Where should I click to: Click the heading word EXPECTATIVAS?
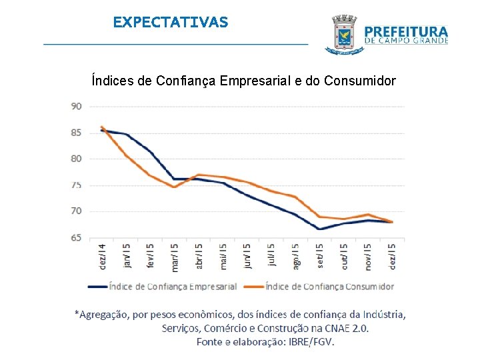pyautogui.click(x=170, y=22)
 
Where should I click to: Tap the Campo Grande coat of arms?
pyautogui.click(x=343, y=34)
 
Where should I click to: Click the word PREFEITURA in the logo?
pyautogui.click(x=407, y=31)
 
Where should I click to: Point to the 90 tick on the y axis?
pyautogui.click(x=77, y=106)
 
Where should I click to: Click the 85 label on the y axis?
pyautogui.click(x=77, y=133)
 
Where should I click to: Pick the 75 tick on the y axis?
pyautogui.click(x=77, y=185)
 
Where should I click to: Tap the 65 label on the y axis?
pyautogui.click(x=77, y=237)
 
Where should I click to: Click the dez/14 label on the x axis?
pyautogui.click(x=101, y=257)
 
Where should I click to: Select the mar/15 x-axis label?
pyautogui.click(x=174, y=257)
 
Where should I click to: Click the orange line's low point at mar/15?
pyautogui.click(x=174, y=187)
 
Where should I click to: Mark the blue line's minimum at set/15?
pyautogui.click(x=319, y=229)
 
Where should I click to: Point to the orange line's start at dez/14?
pyautogui.click(x=101, y=127)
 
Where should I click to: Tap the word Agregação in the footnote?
pyautogui.click(x=105, y=314)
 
